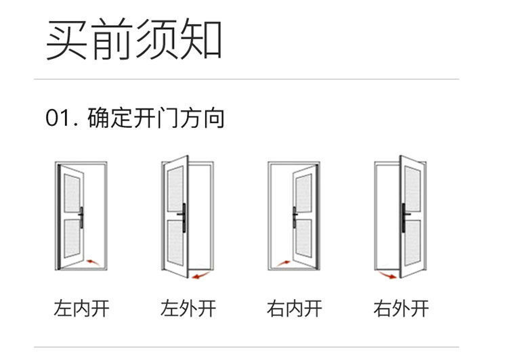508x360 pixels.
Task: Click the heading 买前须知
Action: (134, 39)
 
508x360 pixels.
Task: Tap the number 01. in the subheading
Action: (64, 118)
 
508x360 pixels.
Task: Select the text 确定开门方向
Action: (156, 118)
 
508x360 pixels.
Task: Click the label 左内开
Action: (81, 309)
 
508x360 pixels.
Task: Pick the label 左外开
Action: (188, 309)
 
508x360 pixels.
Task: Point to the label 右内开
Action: (295, 309)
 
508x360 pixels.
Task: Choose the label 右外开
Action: (401, 309)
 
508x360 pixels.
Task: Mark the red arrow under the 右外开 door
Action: (387, 274)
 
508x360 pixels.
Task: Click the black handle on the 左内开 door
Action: (82, 217)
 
